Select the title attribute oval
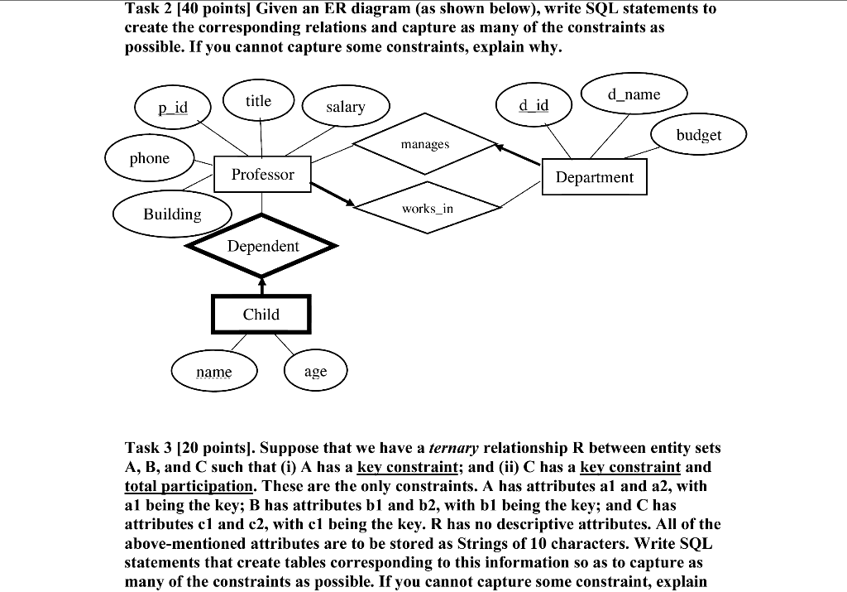click(x=258, y=101)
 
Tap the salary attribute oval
click(x=345, y=107)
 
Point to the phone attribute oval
click(x=149, y=158)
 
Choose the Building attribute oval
click(x=172, y=214)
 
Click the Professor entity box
click(x=262, y=174)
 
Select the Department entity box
click(x=594, y=177)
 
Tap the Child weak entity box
click(x=261, y=315)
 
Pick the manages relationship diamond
click(x=424, y=144)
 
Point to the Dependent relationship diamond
click(x=263, y=246)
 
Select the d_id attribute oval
click(x=534, y=105)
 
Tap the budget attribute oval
click(x=699, y=135)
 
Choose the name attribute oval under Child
click(x=214, y=373)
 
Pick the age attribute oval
click(x=315, y=372)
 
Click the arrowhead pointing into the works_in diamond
click(x=350, y=203)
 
